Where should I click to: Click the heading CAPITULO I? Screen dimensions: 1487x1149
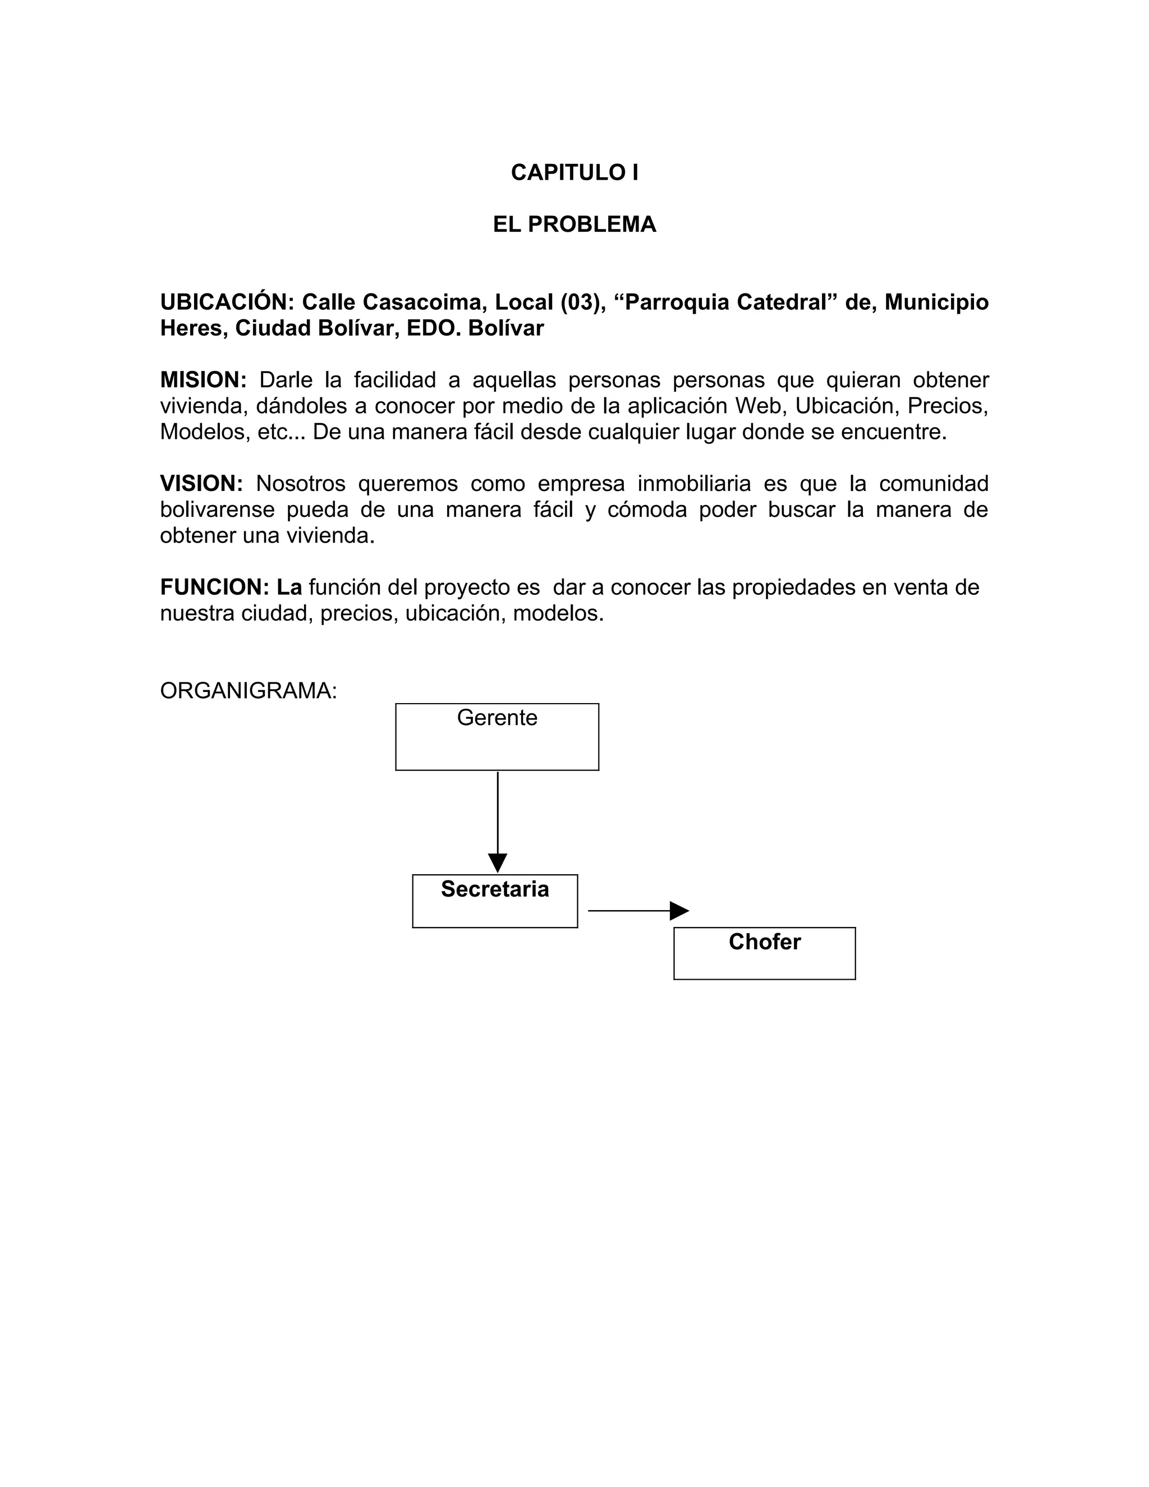coord(574,173)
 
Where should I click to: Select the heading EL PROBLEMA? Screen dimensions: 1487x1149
coord(574,224)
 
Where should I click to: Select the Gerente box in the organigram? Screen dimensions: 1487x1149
coord(497,737)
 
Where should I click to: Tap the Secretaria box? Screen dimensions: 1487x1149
coord(495,901)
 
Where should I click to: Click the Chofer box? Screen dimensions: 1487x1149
coord(765,953)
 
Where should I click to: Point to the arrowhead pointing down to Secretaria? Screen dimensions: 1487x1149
coord(498,862)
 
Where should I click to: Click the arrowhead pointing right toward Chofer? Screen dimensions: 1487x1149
coord(679,910)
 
